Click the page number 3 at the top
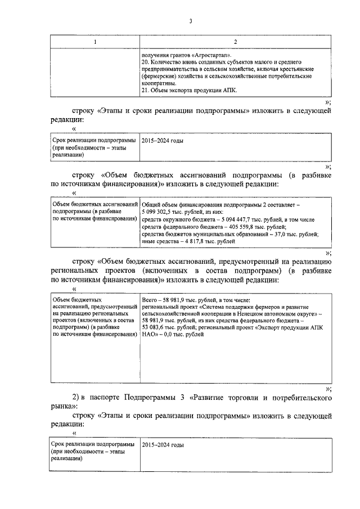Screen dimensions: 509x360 pyautogui.click(x=191, y=22)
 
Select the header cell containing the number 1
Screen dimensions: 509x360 pyautogui.click(x=94, y=43)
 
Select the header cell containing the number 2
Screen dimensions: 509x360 pyautogui.click(x=235, y=43)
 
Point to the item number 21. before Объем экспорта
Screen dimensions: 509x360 pyautogui.click(x=146, y=90)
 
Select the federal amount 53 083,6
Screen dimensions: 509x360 pyautogui.click(x=159, y=327)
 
